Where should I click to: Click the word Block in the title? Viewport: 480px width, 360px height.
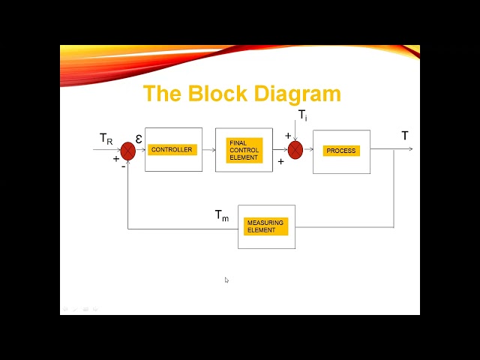pyautogui.click(x=220, y=94)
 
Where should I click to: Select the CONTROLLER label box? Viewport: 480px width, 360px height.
pyautogui.click(x=172, y=150)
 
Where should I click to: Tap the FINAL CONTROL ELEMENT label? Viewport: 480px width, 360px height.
pyautogui.click(x=244, y=150)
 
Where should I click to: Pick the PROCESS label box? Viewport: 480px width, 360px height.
pyautogui.click(x=341, y=151)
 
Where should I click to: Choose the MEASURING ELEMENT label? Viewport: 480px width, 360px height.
pyautogui.click(x=265, y=226)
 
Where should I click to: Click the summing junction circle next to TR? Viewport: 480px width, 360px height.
pyautogui.click(x=128, y=150)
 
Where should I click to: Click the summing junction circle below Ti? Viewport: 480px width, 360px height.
pyautogui.click(x=295, y=150)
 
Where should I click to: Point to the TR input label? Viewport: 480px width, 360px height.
pyautogui.click(x=106, y=139)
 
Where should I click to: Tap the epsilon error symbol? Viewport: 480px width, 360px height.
pyautogui.click(x=139, y=139)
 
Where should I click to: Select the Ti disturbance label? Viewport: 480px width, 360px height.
pyautogui.click(x=302, y=115)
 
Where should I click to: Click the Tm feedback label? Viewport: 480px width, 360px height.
pyautogui.click(x=222, y=216)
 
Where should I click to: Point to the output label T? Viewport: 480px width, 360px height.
pyautogui.click(x=405, y=136)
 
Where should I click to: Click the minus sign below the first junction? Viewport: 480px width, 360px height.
pyautogui.click(x=123, y=166)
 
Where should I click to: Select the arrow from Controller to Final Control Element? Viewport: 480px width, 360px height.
pyautogui.click(x=208, y=150)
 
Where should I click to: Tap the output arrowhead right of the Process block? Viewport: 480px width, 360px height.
pyautogui.click(x=409, y=149)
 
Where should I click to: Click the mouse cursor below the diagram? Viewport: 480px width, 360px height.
pyautogui.click(x=226, y=280)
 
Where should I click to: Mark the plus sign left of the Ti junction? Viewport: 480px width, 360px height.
pyautogui.click(x=287, y=136)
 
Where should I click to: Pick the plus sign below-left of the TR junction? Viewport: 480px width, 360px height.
pyautogui.click(x=116, y=158)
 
